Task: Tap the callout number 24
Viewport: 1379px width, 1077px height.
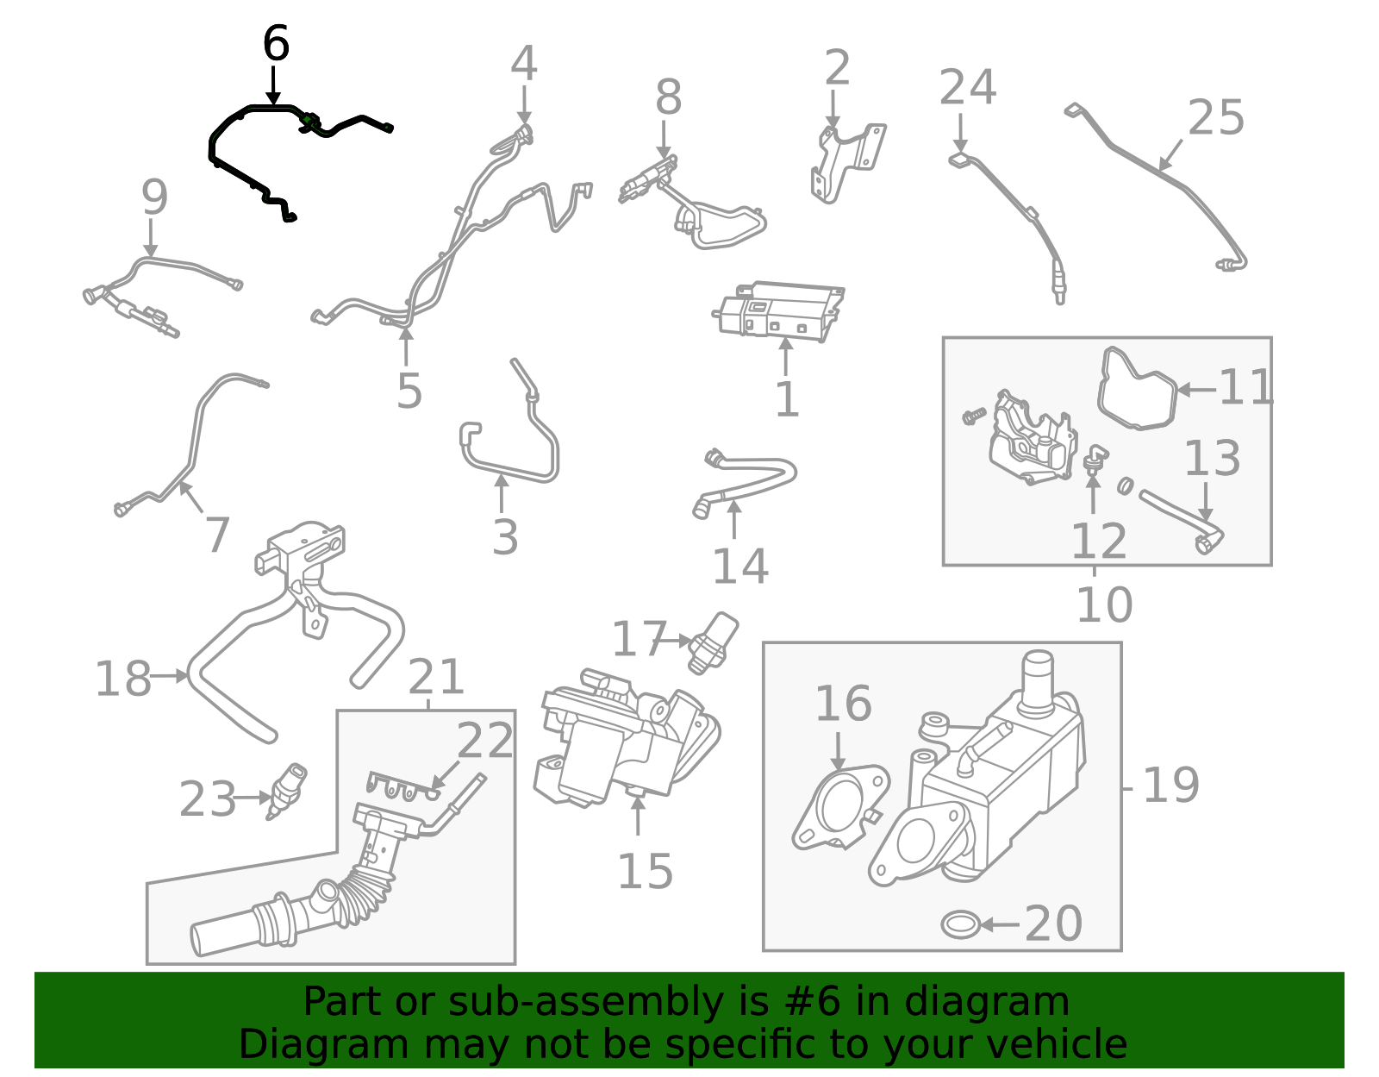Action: pos(967,88)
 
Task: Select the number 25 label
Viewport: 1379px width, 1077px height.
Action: pos(1215,118)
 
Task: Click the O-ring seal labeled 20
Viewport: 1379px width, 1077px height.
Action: pos(959,924)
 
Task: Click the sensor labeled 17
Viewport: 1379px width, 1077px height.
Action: pos(714,642)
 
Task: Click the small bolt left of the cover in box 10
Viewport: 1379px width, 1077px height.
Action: pos(973,416)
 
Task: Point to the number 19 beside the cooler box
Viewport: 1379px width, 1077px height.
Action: pos(1170,786)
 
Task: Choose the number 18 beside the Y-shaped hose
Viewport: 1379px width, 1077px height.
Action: pos(122,679)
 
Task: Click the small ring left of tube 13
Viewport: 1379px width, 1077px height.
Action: pos(1125,486)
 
